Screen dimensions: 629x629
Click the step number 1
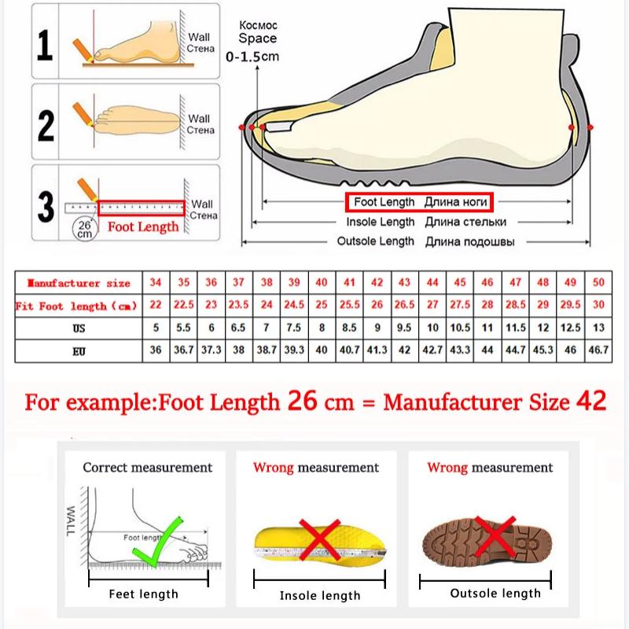pos(46,45)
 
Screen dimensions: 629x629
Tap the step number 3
pos(46,206)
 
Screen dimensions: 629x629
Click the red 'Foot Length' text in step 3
pos(143,227)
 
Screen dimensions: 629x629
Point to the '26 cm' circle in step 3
pos(84,229)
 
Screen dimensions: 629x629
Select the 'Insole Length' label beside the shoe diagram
pos(381,222)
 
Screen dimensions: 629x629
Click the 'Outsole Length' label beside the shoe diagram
pos(375,241)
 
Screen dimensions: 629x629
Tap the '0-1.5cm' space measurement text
pos(252,57)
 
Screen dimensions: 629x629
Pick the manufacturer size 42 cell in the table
pos(377,283)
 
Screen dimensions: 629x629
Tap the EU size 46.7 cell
pos(598,350)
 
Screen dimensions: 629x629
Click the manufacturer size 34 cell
pos(156,283)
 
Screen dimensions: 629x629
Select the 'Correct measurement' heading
pos(148,467)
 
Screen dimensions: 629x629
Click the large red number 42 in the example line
pos(590,401)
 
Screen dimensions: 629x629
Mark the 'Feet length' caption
pos(144,594)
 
